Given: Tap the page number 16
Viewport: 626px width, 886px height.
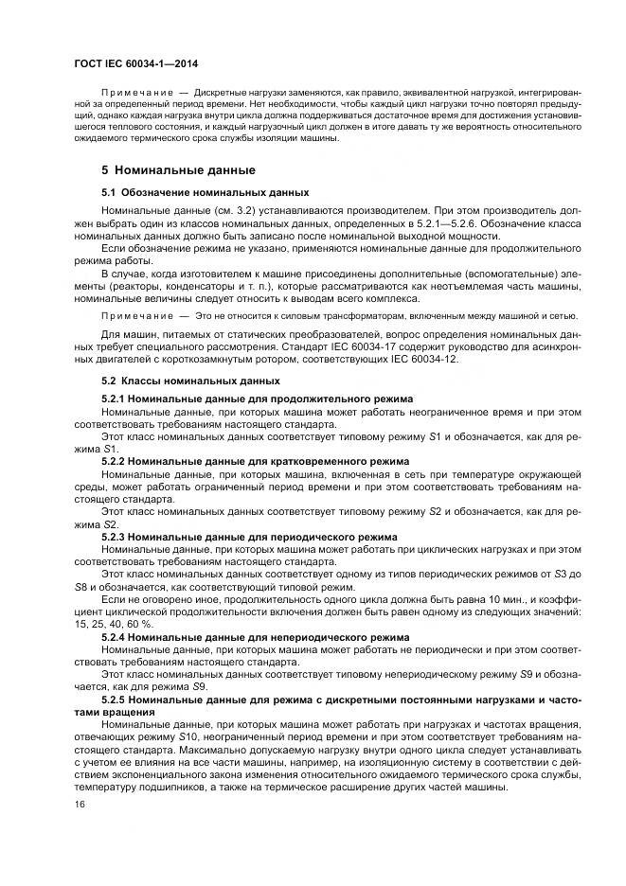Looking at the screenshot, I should coord(78,804).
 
